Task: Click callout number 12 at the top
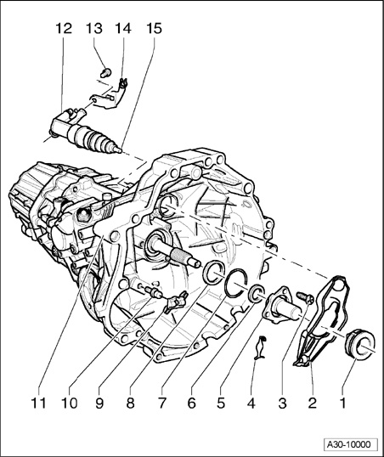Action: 64,29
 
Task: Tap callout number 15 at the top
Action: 154,29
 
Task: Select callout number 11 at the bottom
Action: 39,403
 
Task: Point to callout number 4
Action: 251,403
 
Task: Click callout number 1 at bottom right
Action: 343,403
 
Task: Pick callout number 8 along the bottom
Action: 130,403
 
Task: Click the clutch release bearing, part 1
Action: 360,343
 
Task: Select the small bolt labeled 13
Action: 106,71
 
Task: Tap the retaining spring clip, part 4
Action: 260,347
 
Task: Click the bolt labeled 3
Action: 305,297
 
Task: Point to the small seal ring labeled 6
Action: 256,294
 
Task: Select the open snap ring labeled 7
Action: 236,283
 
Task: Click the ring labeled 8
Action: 214,271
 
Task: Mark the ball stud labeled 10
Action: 154,291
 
